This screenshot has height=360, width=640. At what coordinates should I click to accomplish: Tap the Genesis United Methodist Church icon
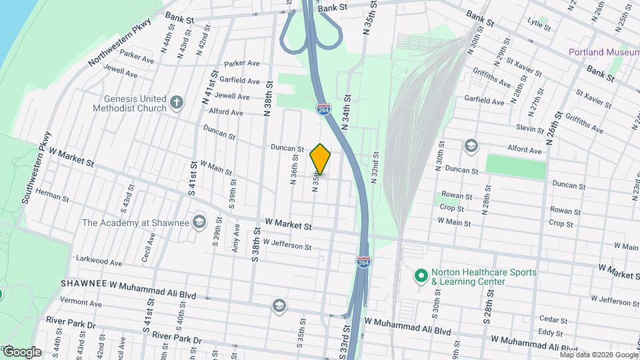176,102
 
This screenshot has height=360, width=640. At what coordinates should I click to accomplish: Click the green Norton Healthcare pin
421,275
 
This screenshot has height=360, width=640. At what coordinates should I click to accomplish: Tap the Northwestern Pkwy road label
121,42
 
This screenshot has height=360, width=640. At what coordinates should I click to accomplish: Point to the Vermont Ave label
80,302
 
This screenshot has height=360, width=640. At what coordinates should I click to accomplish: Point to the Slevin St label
530,127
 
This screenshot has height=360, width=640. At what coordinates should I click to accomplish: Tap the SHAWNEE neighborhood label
83,284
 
